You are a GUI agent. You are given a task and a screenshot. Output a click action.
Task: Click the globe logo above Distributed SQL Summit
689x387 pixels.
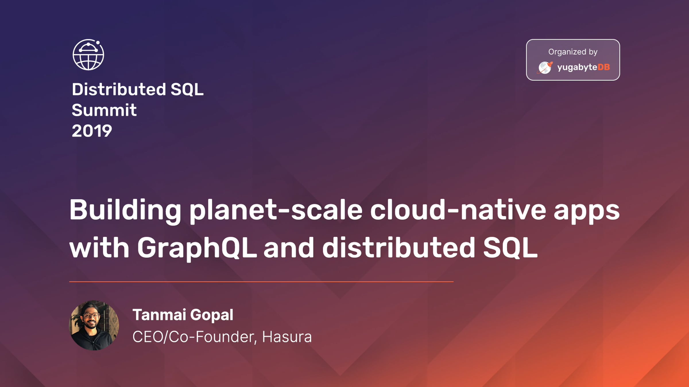click(x=88, y=55)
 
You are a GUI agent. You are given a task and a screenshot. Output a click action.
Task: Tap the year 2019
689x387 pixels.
click(x=92, y=131)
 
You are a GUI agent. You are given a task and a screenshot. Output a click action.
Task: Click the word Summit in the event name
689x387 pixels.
click(x=104, y=110)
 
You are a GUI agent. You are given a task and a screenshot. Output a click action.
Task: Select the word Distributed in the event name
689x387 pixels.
click(x=119, y=89)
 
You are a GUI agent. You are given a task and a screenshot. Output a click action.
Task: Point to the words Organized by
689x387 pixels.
click(x=573, y=52)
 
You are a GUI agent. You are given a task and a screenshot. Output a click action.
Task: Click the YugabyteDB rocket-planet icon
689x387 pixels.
click(x=545, y=67)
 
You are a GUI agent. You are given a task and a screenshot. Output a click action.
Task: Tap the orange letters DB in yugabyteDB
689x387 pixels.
click(x=604, y=67)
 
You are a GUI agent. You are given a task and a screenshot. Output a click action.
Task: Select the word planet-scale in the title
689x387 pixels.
click(x=276, y=212)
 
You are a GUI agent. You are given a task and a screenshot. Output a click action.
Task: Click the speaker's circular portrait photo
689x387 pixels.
click(x=94, y=325)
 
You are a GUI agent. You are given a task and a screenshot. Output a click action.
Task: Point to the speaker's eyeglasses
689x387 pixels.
click(x=91, y=316)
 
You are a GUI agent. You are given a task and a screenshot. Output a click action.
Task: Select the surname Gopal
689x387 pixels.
click(x=212, y=315)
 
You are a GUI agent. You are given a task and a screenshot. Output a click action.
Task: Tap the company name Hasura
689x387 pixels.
click(x=287, y=337)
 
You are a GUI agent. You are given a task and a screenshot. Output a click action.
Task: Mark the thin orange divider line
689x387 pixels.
click(x=261, y=282)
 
